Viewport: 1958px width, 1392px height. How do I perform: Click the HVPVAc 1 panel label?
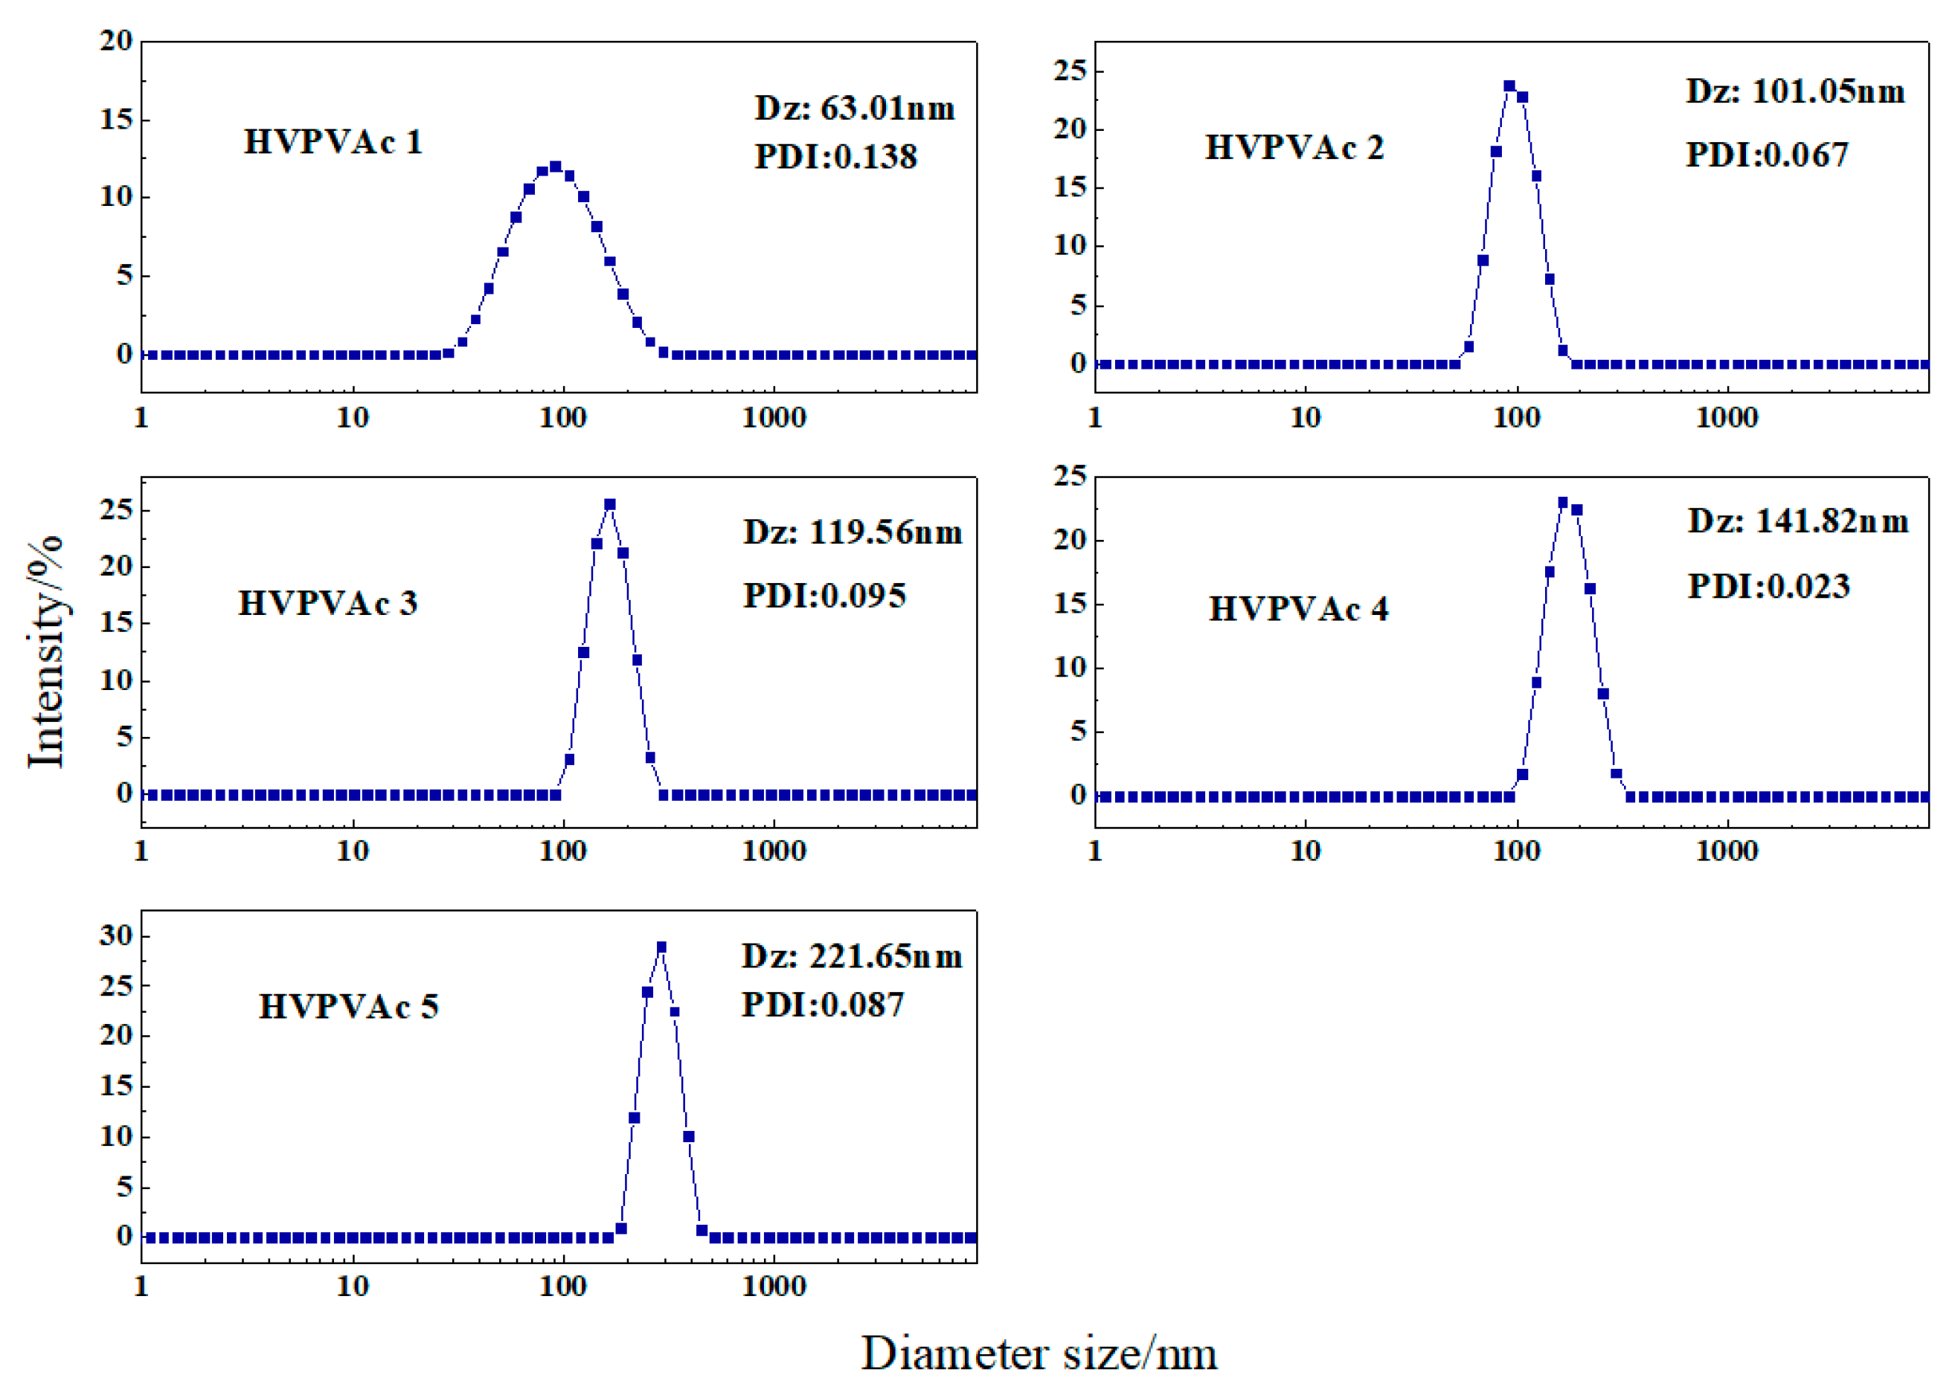333,142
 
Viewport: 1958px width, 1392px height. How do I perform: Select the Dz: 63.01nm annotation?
854,108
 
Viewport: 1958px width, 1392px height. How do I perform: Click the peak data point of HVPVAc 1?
556,167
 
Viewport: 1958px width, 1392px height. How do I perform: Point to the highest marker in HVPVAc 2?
1509,86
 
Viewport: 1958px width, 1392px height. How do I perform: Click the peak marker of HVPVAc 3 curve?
609,505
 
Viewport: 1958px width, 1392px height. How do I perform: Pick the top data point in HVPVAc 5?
661,947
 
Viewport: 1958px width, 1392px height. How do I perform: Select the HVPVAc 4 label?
1298,610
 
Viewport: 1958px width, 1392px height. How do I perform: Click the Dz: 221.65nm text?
851,956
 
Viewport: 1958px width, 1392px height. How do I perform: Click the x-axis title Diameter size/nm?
1039,1355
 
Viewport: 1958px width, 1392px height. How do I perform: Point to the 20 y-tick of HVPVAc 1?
116,40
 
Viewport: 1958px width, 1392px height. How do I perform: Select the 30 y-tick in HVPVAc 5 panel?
116,935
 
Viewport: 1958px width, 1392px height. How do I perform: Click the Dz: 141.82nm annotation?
1798,521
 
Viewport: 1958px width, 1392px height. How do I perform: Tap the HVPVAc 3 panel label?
327,604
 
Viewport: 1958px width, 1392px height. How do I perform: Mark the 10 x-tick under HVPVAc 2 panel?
1305,419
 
